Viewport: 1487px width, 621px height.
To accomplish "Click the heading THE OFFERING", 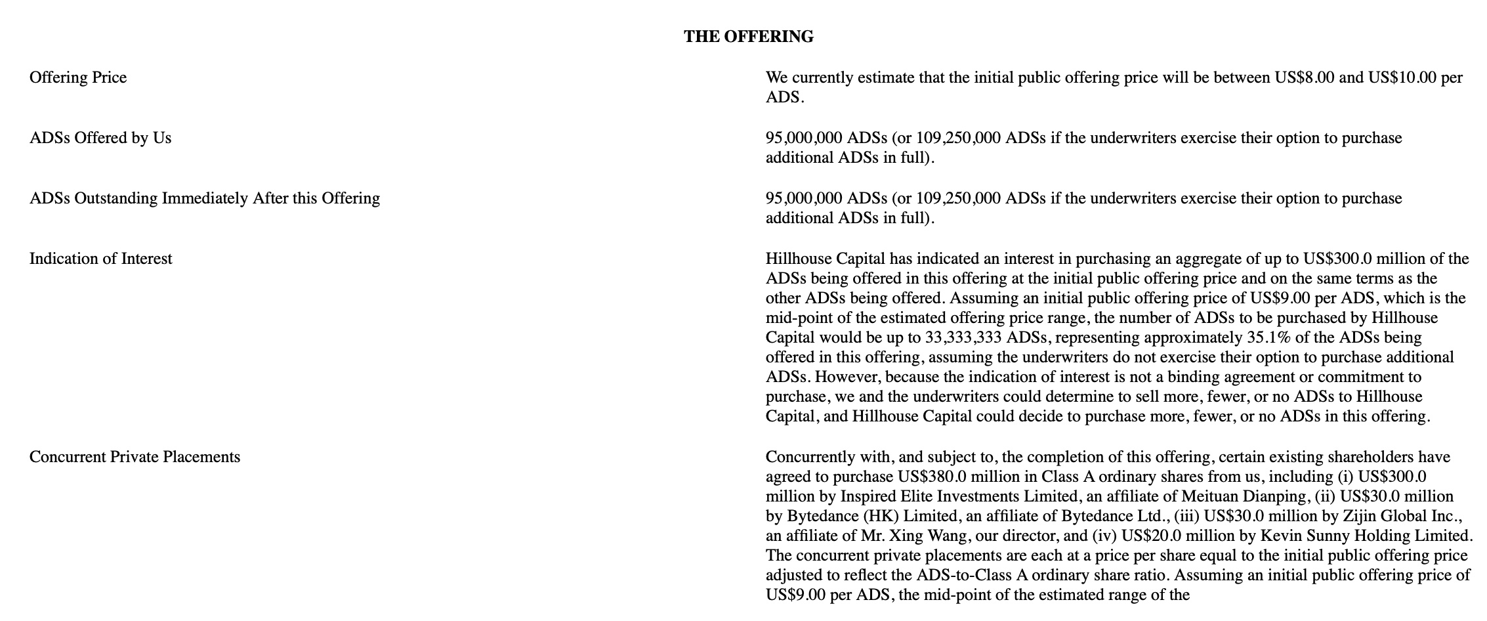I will tap(748, 37).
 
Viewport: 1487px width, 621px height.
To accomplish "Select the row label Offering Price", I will tap(78, 77).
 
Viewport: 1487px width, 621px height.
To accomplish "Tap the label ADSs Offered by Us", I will tap(100, 138).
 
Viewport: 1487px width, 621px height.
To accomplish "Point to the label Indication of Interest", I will tap(100, 259).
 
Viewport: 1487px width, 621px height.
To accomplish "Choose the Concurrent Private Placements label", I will tap(135, 457).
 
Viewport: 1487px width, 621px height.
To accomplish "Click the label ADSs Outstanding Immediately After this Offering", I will tap(204, 198).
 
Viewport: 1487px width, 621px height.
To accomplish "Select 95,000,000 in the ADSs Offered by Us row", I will tap(804, 138).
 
